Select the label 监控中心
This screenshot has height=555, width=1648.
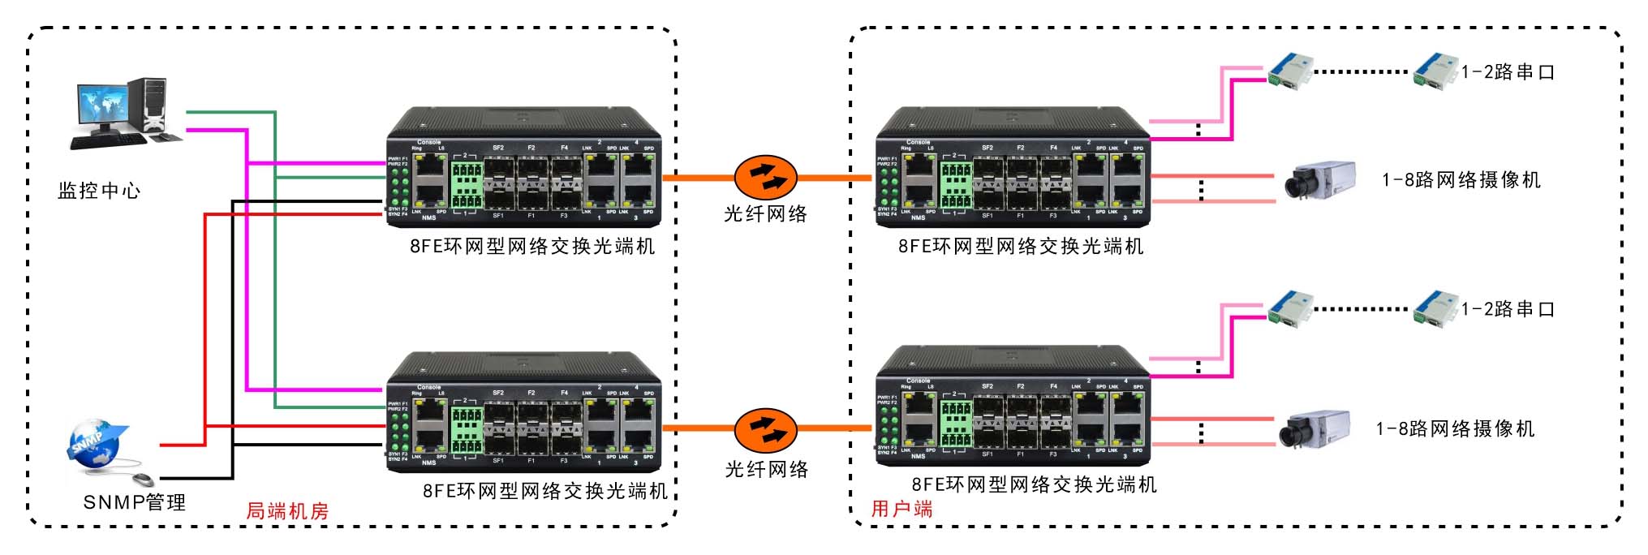99,191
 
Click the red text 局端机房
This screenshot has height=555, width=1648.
287,511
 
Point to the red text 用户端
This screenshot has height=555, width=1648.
901,509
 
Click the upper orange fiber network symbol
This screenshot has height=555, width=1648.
765,177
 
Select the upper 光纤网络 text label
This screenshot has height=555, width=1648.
765,214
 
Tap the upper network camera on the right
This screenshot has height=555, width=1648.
1319,179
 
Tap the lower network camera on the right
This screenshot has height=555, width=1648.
1315,429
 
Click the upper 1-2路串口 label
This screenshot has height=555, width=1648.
1508,72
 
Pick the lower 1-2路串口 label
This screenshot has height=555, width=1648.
1508,309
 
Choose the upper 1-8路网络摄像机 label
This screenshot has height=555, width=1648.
1461,180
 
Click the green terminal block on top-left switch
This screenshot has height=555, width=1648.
467,186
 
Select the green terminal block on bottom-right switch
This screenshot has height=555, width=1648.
956,424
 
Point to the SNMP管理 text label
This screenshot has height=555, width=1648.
135,502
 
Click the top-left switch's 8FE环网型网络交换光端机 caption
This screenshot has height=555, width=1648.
532,247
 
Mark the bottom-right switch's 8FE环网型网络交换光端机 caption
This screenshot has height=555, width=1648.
1034,484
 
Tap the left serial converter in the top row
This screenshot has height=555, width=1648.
1290,70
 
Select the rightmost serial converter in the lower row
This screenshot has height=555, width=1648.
1435,308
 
